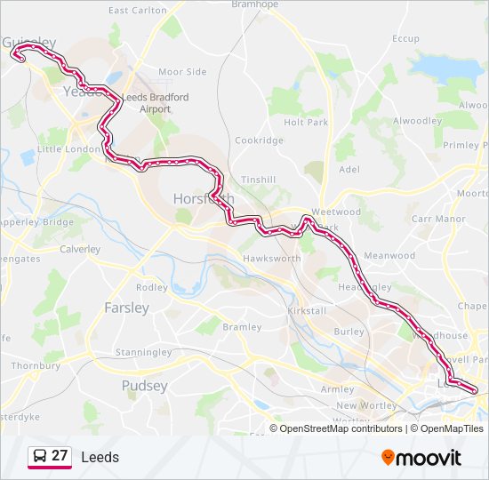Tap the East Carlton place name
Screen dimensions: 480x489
click(137, 11)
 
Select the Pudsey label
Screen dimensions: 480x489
click(144, 386)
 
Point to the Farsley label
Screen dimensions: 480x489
click(126, 308)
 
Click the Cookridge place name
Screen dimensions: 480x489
click(259, 140)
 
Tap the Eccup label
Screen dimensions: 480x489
click(405, 38)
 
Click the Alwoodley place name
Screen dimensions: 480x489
click(417, 121)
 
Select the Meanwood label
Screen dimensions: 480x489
click(389, 255)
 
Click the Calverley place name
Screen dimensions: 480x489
click(80, 249)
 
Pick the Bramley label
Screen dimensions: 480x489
click(242, 326)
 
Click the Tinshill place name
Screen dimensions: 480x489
click(258, 179)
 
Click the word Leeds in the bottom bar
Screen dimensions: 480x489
click(100, 458)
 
